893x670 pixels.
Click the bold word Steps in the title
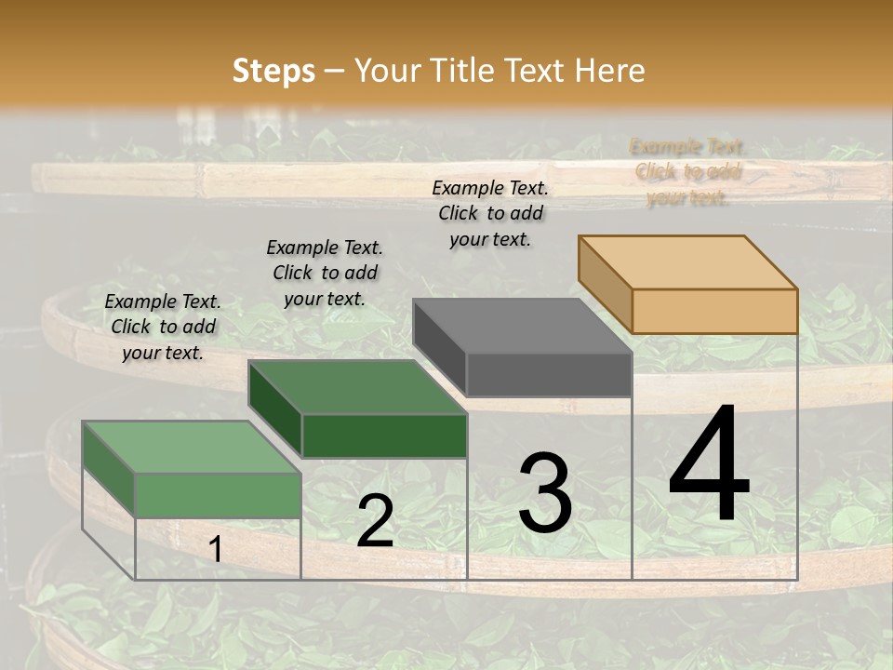(x=273, y=71)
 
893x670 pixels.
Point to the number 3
(x=545, y=493)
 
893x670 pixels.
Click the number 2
(x=375, y=521)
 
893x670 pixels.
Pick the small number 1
(x=215, y=550)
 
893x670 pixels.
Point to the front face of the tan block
(x=714, y=311)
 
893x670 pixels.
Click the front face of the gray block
(x=549, y=374)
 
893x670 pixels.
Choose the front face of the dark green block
(x=384, y=435)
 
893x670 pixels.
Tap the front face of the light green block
(x=219, y=495)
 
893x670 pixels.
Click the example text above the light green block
(x=163, y=327)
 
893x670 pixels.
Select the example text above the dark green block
(x=325, y=273)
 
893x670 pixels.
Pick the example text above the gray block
(x=490, y=213)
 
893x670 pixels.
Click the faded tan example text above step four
(x=687, y=171)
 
